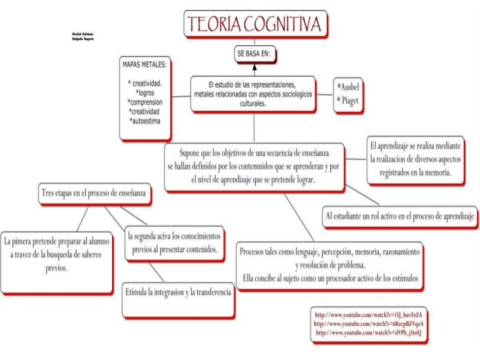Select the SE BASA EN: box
(256, 54)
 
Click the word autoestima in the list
(150, 121)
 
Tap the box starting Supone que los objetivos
(254, 165)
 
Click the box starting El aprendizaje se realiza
(415, 158)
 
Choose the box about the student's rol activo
(400, 216)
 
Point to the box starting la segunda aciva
(174, 243)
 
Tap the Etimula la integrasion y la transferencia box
(179, 291)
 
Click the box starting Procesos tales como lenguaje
(330, 264)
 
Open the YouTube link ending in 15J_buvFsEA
(369, 314)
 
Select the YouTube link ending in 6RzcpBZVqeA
(369, 324)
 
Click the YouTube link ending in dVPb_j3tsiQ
(369, 334)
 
